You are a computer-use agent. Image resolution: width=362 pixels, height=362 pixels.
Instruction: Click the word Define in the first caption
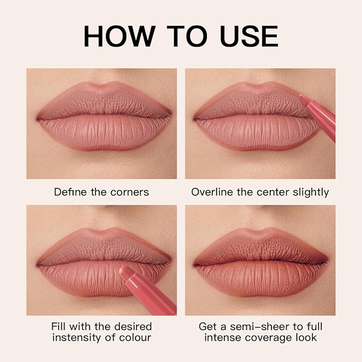click(70, 192)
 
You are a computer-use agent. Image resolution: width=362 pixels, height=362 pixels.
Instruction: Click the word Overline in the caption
click(212, 192)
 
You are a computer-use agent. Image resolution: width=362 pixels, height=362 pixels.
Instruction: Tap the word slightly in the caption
click(310, 192)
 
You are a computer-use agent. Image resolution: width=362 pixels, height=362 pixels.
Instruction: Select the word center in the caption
click(269, 192)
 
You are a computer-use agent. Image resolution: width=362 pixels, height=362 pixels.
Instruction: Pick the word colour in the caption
click(133, 337)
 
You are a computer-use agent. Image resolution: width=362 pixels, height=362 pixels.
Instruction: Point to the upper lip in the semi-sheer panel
click(260, 246)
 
